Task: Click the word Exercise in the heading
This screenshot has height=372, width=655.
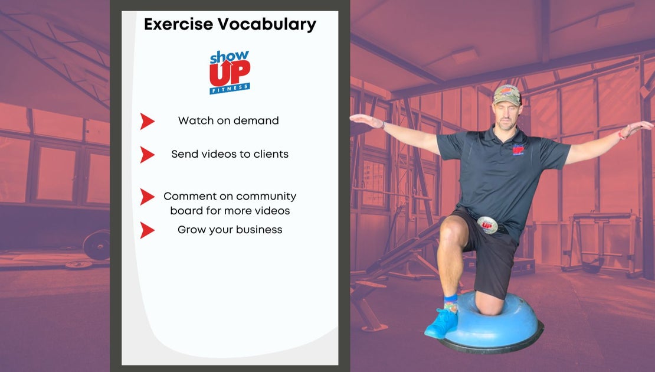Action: [178, 24]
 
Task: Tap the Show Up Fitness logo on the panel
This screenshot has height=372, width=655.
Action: [230, 72]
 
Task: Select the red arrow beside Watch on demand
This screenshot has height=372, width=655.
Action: [147, 121]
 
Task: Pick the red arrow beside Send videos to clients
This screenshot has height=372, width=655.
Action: [147, 155]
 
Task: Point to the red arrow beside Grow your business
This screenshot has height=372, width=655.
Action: [147, 230]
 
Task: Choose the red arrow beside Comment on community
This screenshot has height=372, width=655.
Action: [147, 197]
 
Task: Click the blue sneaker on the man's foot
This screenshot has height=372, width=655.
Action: [441, 323]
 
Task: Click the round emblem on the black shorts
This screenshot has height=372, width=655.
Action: [487, 225]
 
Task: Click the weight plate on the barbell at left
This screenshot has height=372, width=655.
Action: [97, 244]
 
